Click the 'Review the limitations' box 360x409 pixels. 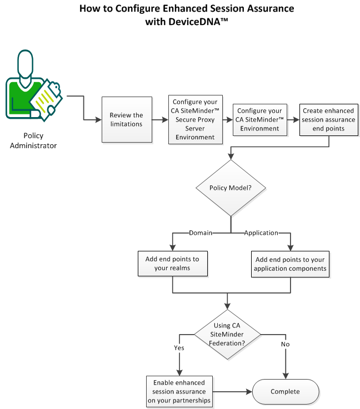click(x=126, y=119)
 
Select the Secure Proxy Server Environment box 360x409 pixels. click(x=194, y=119)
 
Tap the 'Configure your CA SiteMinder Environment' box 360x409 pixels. click(x=259, y=119)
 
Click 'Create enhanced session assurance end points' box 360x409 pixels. click(x=328, y=119)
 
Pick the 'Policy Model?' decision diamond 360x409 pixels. click(x=229, y=188)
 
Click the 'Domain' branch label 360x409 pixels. click(x=201, y=233)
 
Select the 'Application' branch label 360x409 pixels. click(x=262, y=233)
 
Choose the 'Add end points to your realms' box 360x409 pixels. click(x=173, y=264)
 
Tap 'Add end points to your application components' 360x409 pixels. click(x=291, y=264)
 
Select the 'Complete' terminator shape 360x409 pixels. click(x=285, y=392)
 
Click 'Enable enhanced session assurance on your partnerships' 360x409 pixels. click(x=179, y=391)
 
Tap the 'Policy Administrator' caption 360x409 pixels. click(x=32, y=140)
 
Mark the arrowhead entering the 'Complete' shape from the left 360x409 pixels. click(x=249, y=392)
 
